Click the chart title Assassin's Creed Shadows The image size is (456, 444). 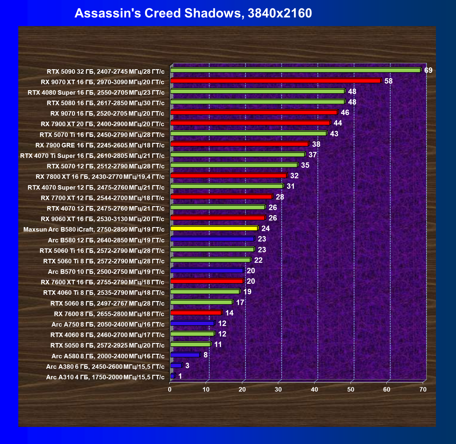pyautogui.click(x=193, y=13)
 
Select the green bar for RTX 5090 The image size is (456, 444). pyautogui.click(x=295, y=70)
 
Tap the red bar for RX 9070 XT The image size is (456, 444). pyautogui.click(x=275, y=81)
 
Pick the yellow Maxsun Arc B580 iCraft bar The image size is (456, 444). pyautogui.click(x=214, y=229)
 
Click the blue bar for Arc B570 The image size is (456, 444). pyautogui.click(x=207, y=271)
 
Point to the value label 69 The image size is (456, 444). pyautogui.click(x=428, y=70)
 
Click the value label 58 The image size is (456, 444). pyautogui.click(x=388, y=81)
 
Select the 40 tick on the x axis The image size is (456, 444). pyautogui.click(x=314, y=389)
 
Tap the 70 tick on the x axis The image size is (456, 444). pyautogui.click(x=423, y=389)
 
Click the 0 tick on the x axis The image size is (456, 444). pyautogui.click(x=170, y=389)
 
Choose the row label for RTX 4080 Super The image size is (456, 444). pyautogui.click(x=96, y=93)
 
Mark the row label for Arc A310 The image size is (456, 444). pyautogui.click(x=105, y=377)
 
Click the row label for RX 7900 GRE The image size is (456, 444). pyautogui.click(x=100, y=145)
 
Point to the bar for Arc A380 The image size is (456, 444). pyautogui.click(x=176, y=366)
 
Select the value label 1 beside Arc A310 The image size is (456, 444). pyautogui.click(x=180, y=376)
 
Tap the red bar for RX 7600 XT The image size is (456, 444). pyautogui.click(x=207, y=281)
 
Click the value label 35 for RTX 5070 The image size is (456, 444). pyautogui.click(x=305, y=165)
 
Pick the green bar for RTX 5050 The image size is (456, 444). pyautogui.click(x=190, y=345)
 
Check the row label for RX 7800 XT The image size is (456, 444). pyautogui.click(x=100, y=177)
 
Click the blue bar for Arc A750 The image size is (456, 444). pyautogui.click(x=192, y=324)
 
